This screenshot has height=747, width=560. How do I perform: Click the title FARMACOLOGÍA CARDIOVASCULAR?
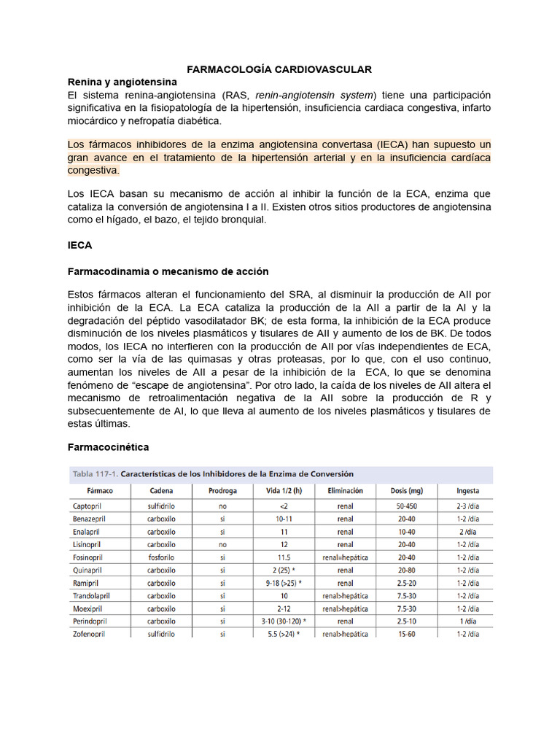point(279,69)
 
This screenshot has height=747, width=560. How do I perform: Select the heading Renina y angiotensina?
point(122,82)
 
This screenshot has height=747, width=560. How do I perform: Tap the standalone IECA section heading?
point(80,246)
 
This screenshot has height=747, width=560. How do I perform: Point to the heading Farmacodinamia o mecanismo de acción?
point(168,271)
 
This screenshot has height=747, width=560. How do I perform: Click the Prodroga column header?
point(222,491)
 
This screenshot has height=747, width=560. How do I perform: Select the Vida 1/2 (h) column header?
point(284,491)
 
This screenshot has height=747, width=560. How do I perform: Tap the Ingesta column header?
point(467,491)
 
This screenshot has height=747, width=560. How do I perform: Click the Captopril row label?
point(89,506)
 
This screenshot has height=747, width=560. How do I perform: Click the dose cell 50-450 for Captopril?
point(407,506)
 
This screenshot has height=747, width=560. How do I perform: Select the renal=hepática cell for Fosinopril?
point(345,557)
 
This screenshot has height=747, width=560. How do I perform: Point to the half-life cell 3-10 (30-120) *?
point(284,621)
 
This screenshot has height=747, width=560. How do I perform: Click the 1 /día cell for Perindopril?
point(467,621)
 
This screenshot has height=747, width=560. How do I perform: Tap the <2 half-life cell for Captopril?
point(284,506)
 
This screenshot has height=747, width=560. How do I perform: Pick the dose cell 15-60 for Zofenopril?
point(407,634)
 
